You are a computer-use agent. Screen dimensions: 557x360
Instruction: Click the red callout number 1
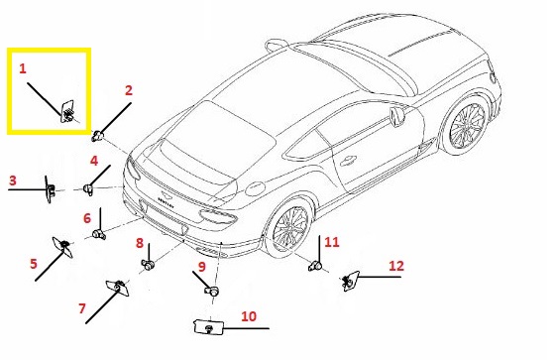(23, 68)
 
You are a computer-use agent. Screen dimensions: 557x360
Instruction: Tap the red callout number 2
(129, 90)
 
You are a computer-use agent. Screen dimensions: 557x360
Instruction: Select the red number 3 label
(13, 180)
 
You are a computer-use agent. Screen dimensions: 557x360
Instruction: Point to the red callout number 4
(94, 161)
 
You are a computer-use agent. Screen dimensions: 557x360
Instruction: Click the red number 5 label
(34, 264)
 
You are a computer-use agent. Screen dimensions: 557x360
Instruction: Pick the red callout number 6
(87, 218)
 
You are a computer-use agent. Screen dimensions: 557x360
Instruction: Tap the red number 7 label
(82, 308)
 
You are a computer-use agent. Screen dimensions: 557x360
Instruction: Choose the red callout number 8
(140, 243)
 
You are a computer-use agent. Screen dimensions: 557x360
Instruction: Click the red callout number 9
(202, 266)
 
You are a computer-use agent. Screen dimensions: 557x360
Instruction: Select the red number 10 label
(249, 316)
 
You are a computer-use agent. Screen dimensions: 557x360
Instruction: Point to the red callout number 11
(332, 242)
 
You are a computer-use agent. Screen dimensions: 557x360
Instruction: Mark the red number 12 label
(396, 266)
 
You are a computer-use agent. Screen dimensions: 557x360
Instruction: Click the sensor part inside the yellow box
(68, 112)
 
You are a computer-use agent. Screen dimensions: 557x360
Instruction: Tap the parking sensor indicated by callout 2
(97, 136)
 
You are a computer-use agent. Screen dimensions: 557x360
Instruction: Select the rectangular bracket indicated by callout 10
(209, 327)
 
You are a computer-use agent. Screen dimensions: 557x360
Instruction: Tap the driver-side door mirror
(397, 116)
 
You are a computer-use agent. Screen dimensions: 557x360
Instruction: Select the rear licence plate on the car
(163, 218)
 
